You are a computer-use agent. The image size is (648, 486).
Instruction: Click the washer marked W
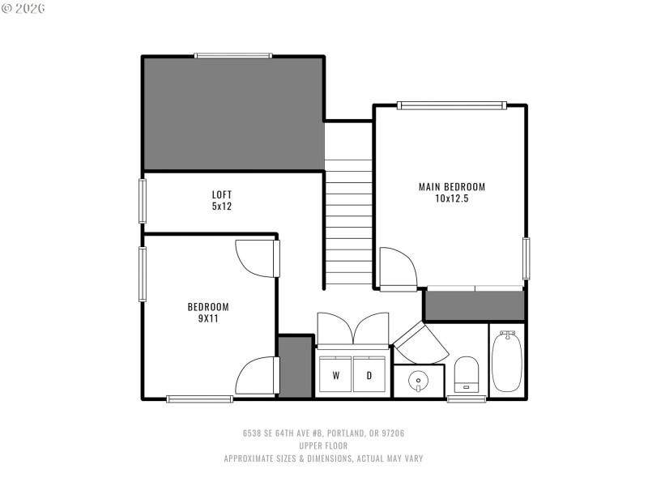[335, 375]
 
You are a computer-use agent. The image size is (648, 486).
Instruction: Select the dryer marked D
[369, 375]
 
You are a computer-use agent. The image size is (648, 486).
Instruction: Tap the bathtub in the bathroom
[507, 361]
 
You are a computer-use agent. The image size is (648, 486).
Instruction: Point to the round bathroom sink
[418, 379]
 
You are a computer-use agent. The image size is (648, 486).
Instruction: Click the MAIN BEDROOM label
[451, 187]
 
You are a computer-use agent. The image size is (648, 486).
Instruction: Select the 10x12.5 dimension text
[451, 198]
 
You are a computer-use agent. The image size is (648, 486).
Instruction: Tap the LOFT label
[222, 194]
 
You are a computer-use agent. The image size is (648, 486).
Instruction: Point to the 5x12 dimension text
[222, 206]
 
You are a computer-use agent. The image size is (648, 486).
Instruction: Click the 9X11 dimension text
[208, 318]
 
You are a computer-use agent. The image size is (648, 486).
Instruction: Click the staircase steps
[348, 223]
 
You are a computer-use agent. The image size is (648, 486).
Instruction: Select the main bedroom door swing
[397, 267]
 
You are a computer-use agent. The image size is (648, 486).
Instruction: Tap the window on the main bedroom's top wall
[451, 105]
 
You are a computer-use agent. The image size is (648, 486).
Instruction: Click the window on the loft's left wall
[143, 200]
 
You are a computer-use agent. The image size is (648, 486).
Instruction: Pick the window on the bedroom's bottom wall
[199, 399]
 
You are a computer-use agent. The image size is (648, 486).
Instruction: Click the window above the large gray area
[233, 56]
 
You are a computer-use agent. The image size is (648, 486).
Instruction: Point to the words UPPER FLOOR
[323, 446]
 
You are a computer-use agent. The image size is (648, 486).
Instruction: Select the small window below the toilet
[467, 399]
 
